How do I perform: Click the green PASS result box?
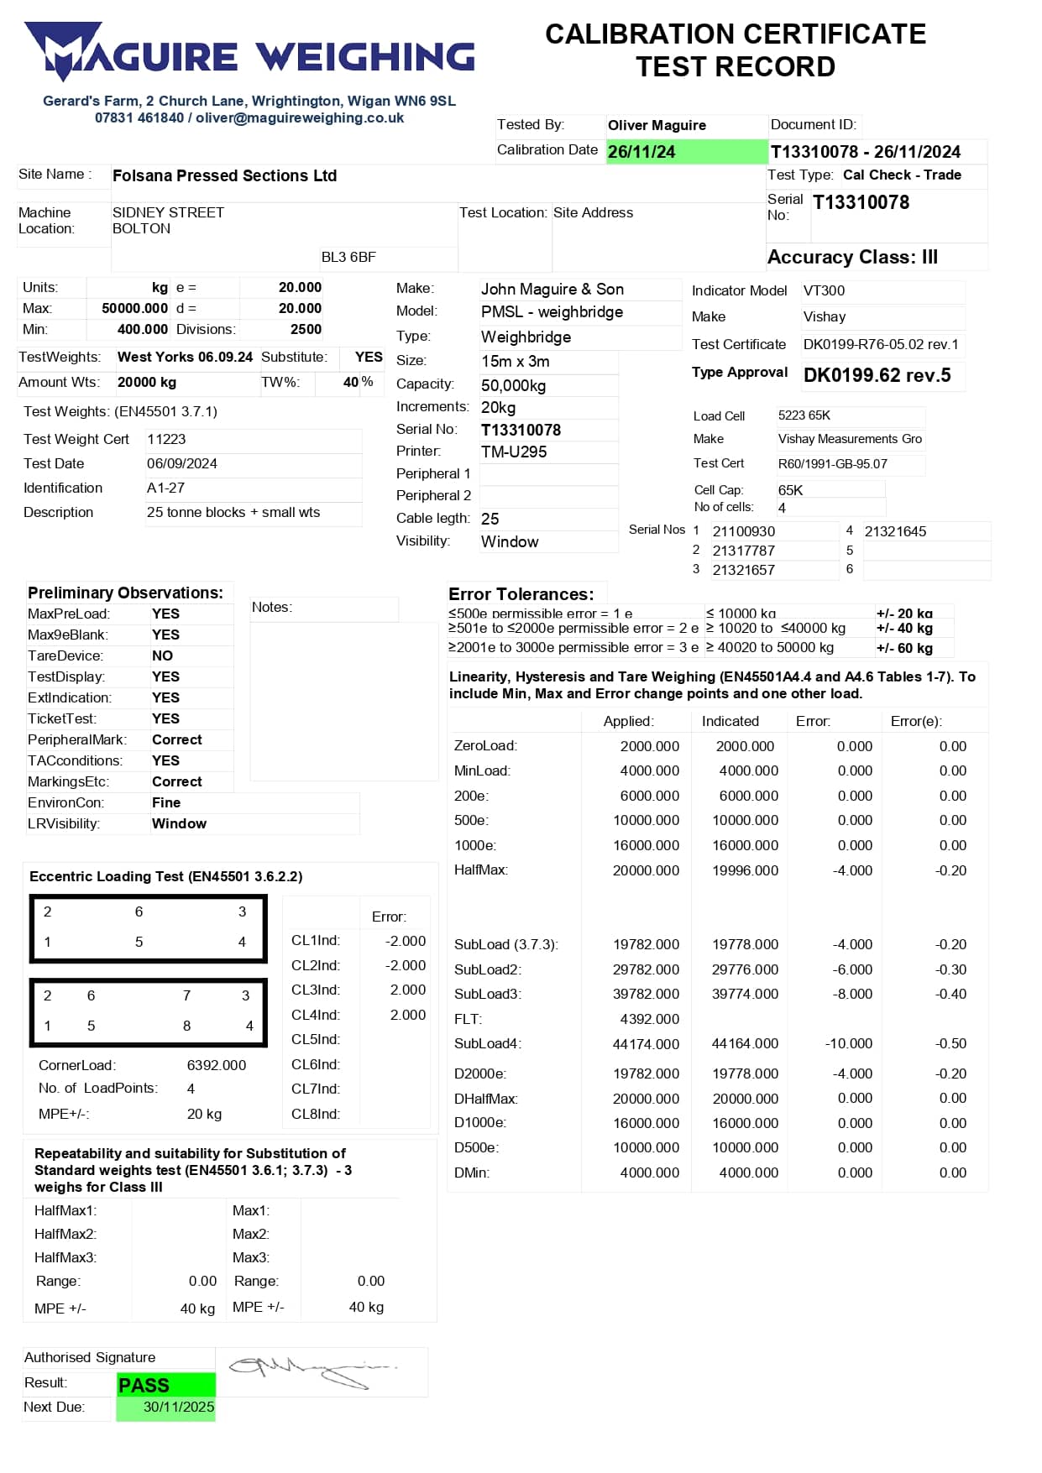165,1385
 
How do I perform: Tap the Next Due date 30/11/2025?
178,1408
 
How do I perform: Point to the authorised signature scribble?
311,1370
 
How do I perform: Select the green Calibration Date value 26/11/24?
641,152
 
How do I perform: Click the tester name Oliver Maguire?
657,126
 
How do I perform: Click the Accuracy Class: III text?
852,258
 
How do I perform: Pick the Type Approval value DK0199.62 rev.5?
877,375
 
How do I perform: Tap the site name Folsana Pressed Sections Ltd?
224,176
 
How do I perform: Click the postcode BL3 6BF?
348,258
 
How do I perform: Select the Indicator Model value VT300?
824,291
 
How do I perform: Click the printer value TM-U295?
514,452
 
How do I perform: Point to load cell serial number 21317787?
743,551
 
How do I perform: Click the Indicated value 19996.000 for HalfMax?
745,871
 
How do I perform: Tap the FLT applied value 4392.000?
649,1020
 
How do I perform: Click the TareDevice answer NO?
162,656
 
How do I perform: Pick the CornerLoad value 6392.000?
217,1066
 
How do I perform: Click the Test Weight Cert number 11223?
166,440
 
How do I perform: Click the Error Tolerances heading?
521,594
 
